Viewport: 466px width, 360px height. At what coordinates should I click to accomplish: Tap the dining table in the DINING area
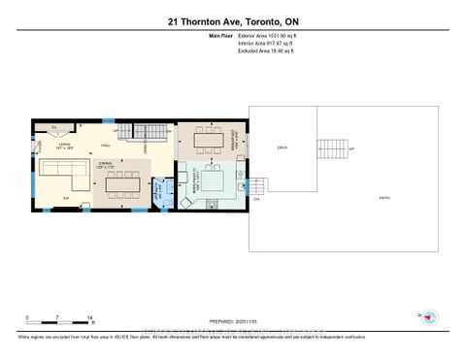coord(125,183)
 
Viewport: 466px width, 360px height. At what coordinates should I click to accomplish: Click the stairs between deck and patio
coord(333,147)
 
